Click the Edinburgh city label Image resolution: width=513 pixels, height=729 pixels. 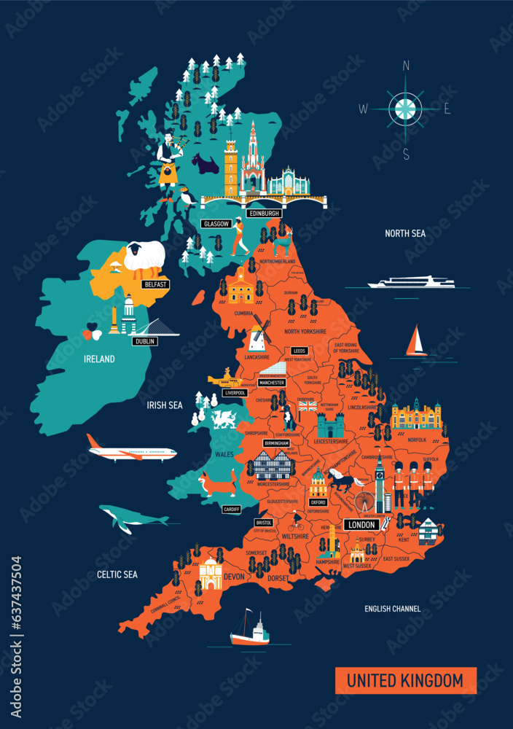point(264,213)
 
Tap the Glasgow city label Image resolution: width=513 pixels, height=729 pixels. point(216,224)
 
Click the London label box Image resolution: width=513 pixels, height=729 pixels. point(362,525)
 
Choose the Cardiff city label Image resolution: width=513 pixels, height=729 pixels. point(232,509)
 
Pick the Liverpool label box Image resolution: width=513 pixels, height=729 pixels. point(235,393)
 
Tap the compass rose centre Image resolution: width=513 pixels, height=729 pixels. point(405,109)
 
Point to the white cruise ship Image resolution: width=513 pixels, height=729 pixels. point(412,283)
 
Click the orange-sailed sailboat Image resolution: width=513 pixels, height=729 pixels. point(417,341)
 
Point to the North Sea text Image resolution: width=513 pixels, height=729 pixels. point(405,233)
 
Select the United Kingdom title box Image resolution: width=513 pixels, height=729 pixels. point(405,681)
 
